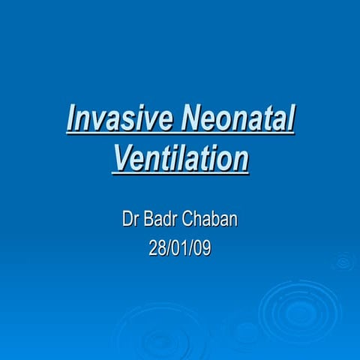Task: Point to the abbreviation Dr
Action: (x=129, y=220)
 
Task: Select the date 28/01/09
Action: (x=180, y=248)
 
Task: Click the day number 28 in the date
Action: (x=157, y=248)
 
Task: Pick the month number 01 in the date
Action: (x=180, y=248)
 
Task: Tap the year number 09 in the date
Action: (x=202, y=248)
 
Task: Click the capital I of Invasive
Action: (x=70, y=120)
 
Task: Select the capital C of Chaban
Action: (x=191, y=220)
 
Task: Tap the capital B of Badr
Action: (x=148, y=220)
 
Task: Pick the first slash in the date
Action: (x=168, y=248)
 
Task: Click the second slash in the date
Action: (x=191, y=248)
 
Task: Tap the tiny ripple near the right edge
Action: (x=343, y=261)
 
